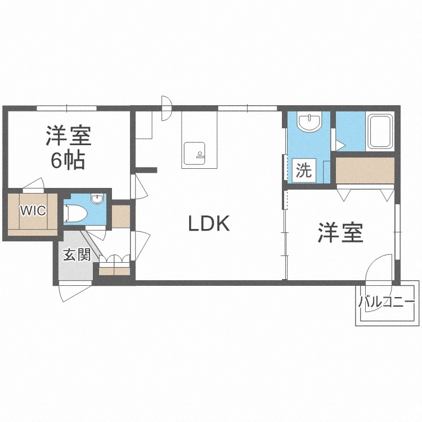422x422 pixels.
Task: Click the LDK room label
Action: tap(209, 224)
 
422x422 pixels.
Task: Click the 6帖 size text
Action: tap(68, 161)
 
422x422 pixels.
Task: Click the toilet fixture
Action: tap(75, 213)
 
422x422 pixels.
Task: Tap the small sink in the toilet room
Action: tap(97, 199)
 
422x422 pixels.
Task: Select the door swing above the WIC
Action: tap(33, 185)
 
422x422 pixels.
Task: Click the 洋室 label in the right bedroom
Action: tap(341, 232)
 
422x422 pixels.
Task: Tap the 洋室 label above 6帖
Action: tap(68, 136)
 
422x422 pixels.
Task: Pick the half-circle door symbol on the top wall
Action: tap(167, 107)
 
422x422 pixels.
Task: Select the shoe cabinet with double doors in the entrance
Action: tap(114, 266)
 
